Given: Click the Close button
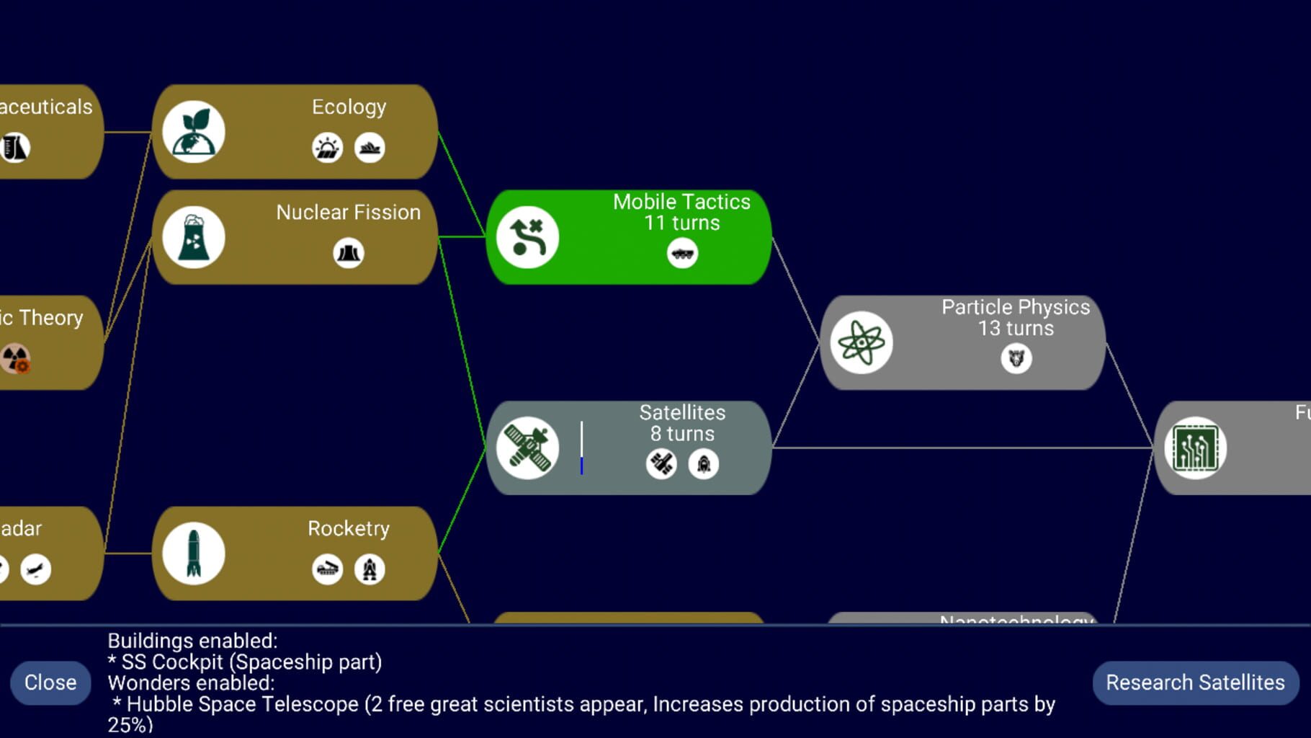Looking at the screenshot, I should [x=50, y=683].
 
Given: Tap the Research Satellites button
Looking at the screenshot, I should [x=1195, y=683].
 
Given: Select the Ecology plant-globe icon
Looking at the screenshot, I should [x=193, y=132].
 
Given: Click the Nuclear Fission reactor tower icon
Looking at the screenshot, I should [x=193, y=237].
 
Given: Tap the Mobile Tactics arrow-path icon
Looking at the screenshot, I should [x=527, y=237].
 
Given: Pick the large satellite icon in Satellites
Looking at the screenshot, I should [x=527, y=448].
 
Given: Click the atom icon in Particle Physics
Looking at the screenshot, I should [x=861, y=342].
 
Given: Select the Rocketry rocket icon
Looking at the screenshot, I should [x=193, y=553].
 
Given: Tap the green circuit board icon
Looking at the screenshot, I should [x=1195, y=448].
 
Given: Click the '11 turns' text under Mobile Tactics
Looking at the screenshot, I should [x=681, y=223].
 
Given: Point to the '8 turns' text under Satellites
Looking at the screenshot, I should [x=681, y=434].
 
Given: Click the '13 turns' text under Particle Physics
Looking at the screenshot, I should [x=1015, y=329].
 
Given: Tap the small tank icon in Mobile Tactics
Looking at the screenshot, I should [x=681, y=254].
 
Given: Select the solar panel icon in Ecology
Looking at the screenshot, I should [x=327, y=148].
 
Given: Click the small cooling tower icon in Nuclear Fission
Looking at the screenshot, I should [x=348, y=253].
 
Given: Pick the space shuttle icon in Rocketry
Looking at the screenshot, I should [x=370, y=569].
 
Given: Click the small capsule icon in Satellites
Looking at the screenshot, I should [x=703, y=464].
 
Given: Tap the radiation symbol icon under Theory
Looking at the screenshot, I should [x=15, y=358].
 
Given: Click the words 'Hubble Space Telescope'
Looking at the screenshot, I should [x=242, y=704].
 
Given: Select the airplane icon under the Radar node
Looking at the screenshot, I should [x=35, y=570].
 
